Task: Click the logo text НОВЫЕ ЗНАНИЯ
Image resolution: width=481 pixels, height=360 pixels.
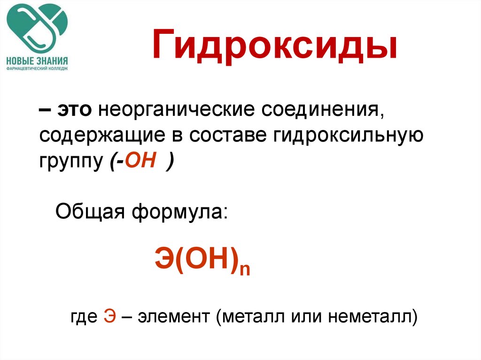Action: [x=37, y=61]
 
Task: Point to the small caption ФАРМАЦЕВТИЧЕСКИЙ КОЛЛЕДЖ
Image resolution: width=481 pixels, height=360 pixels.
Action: [x=37, y=69]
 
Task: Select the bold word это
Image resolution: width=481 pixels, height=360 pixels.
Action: [x=75, y=110]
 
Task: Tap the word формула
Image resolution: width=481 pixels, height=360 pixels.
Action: [x=180, y=212]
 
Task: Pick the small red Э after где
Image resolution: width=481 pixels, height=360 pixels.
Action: [x=109, y=316]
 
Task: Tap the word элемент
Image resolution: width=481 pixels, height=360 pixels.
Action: [x=174, y=316]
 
